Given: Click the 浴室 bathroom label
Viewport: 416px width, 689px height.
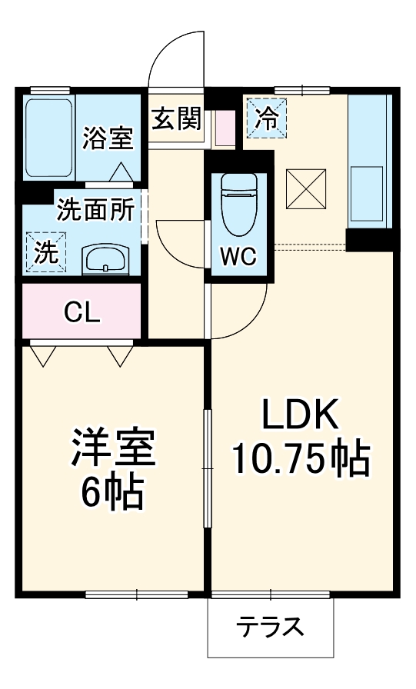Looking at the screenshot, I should coord(108,138).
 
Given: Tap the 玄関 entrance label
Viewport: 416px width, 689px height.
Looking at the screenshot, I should coord(176,119).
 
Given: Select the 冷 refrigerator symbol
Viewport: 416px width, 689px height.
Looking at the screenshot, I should coord(265,118).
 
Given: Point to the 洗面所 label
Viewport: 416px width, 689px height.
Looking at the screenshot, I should coord(95,210).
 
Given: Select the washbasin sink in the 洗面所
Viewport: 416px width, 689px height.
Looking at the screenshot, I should coord(106,259).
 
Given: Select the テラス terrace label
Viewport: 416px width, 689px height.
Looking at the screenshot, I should coord(270,627).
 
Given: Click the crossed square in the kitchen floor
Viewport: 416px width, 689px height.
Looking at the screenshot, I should coord(306,188).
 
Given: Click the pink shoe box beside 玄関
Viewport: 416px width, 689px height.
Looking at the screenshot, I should coord(225,128).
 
